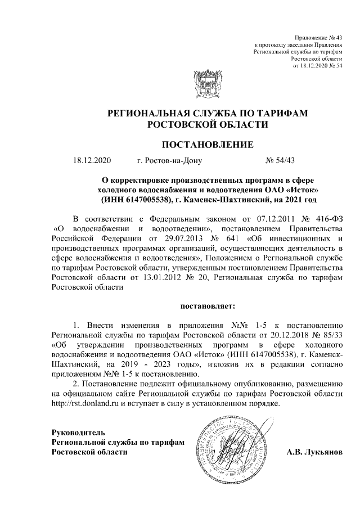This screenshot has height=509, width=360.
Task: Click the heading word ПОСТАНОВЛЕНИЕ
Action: point(208,145)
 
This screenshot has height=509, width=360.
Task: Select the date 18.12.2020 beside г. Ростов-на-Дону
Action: point(92,161)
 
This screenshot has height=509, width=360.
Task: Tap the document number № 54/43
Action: point(280,161)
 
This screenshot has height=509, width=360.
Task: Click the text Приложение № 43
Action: point(322,37)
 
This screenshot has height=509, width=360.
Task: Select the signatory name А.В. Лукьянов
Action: point(314,452)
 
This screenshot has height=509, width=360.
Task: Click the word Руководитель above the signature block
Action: point(78,432)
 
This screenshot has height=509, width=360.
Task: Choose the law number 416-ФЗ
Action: point(326,218)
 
